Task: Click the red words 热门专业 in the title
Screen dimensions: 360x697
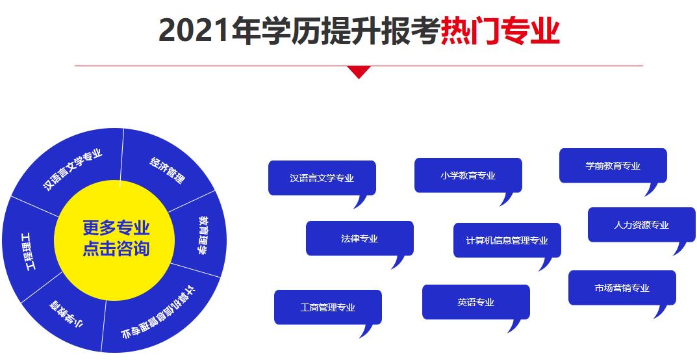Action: [500, 31]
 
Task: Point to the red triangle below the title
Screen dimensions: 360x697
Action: [359, 72]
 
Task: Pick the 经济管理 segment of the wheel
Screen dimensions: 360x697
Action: [167, 170]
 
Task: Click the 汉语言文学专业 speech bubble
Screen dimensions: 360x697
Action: [322, 177]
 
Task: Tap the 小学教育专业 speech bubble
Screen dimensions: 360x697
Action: [468, 175]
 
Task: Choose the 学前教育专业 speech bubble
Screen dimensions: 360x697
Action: [613, 166]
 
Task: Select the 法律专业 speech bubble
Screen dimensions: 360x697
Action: [359, 238]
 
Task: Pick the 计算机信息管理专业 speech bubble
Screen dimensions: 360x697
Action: [507, 240]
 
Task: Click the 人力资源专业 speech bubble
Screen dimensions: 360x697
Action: [641, 225]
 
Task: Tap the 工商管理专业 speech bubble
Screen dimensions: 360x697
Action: [327, 307]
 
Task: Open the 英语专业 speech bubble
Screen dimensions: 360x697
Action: [475, 302]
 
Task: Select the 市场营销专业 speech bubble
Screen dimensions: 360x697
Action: [622, 288]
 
